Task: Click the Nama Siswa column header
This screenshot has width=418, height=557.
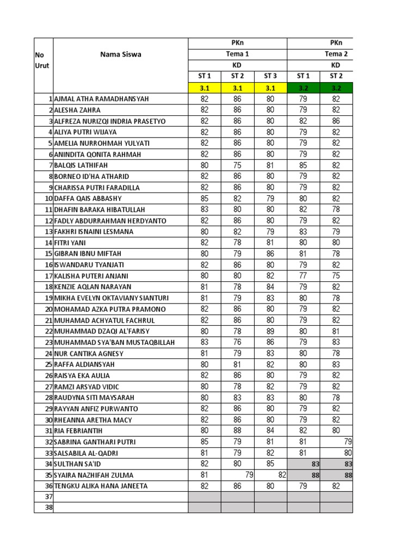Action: click(120, 54)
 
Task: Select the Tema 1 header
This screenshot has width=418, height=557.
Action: click(237, 54)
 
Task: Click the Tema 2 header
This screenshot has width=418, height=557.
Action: click(336, 54)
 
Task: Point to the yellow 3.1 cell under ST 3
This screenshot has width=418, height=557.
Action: click(271, 87)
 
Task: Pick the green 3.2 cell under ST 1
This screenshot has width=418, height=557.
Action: click(303, 87)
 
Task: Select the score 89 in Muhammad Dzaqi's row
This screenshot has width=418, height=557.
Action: click(271, 331)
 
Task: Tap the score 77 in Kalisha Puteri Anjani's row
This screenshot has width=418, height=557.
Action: click(303, 276)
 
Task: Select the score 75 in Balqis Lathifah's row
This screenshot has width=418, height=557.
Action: click(237, 165)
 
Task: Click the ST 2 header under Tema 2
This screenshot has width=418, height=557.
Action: click(336, 76)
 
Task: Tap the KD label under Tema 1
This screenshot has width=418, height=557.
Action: click(237, 65)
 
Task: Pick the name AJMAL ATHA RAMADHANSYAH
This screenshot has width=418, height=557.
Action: click(101, 99)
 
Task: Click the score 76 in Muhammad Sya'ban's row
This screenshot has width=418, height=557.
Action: click(237, 342)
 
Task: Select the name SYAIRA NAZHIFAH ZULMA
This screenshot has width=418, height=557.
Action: click(94, 475)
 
